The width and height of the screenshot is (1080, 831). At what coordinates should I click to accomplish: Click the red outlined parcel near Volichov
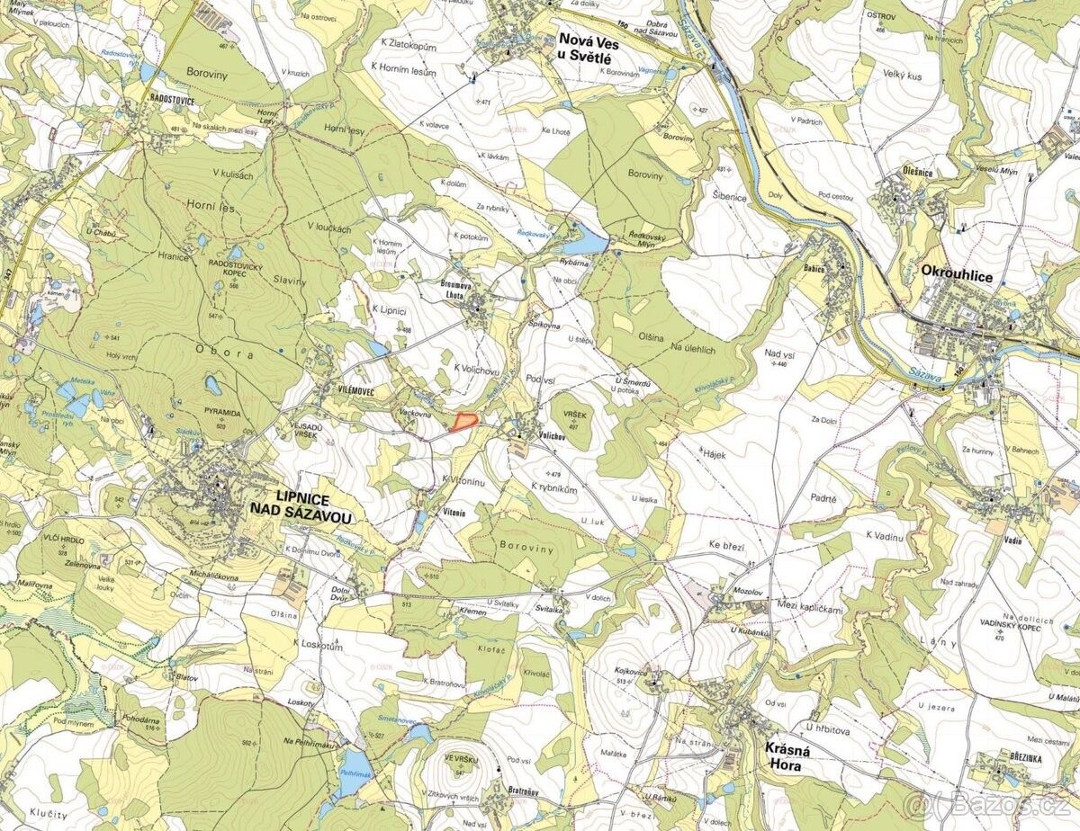click(x=463, y=421)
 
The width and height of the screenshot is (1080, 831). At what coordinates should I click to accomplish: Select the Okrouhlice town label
click(x=957, y=277)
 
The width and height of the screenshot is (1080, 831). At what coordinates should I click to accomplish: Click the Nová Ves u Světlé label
click(x=585, y=49)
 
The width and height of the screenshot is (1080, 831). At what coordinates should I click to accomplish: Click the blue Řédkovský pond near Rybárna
click(x=585, y=241)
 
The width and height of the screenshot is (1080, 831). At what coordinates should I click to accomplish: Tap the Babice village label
click(x=814, y=268)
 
